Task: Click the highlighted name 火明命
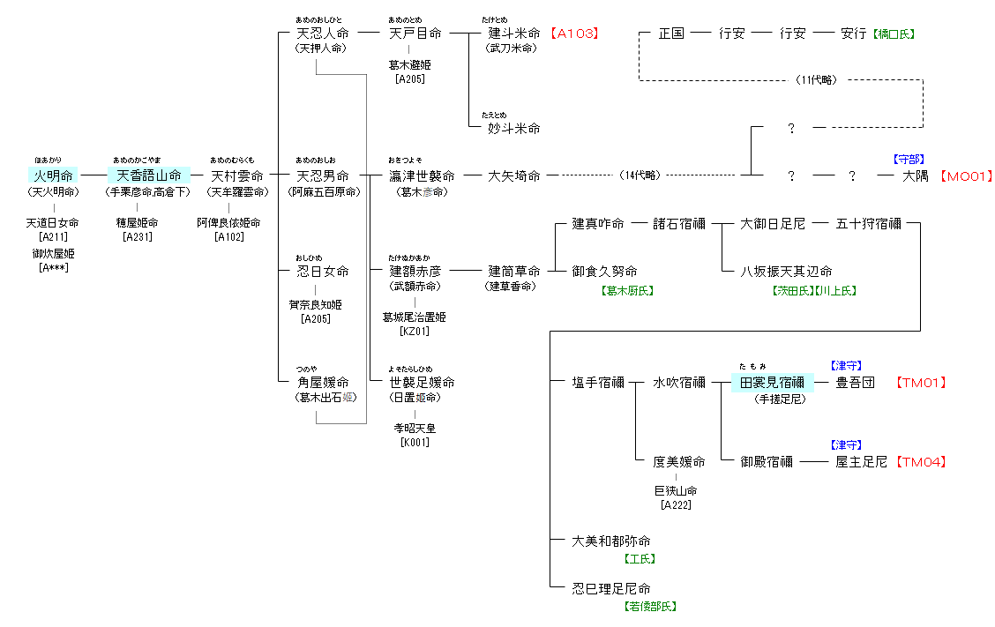pos(53,175)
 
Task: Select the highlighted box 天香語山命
pos(148,175)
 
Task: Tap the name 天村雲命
pos(236,175)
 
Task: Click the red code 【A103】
pos(574,34)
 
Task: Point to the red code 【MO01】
pos(965,176)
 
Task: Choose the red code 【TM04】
pos(922,461)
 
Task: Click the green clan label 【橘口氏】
pos(894,34)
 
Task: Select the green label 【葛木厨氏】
pos(627,290)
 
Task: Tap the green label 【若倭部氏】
pos(650,606)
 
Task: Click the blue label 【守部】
pos(909,160)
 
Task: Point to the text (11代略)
pos(816,80)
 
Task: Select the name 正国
pos(671,34)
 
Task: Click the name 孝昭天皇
pos(415,428)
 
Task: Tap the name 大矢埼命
pos(514,175)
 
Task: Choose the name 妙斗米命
pos(514,128)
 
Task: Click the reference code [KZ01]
pos(414,332)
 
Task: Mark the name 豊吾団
pos(855,382)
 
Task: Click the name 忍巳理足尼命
pos(611,588)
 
